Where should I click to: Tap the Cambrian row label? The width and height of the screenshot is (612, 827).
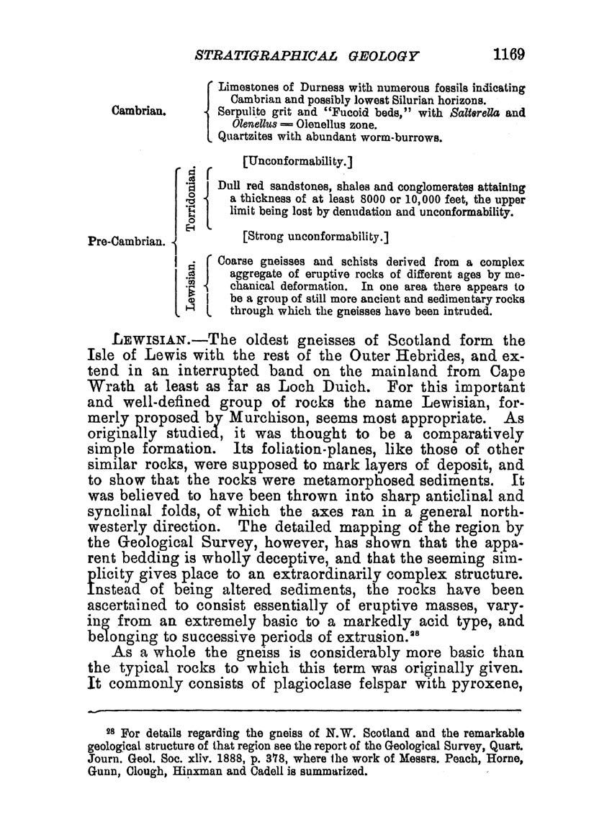[140, 111]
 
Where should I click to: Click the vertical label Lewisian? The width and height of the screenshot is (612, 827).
[190, 286]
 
